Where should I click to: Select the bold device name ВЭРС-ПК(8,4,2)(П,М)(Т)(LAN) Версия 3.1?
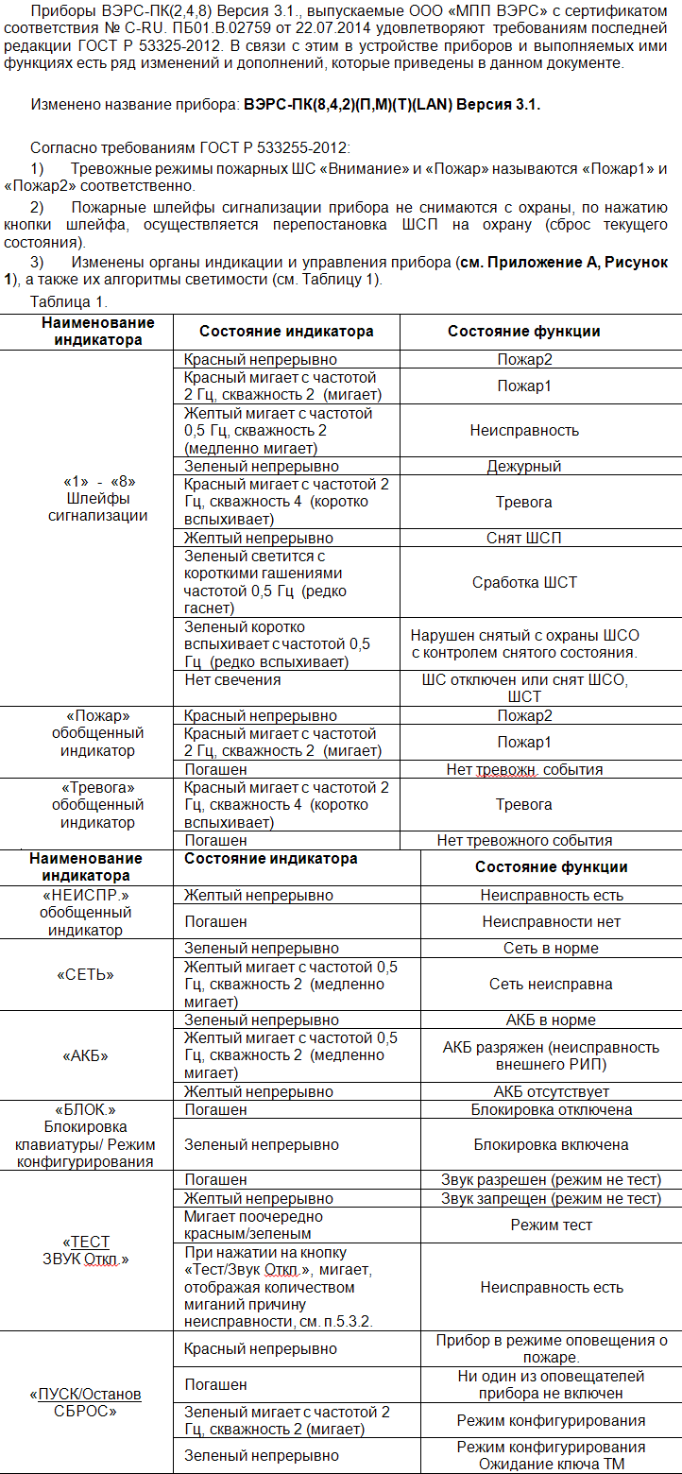pos(392,105)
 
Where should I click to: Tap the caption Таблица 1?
pos(69,302)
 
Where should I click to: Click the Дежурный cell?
pos(524,466)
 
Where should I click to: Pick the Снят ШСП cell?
pos(524,538)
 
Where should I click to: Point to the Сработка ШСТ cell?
pos(524,582)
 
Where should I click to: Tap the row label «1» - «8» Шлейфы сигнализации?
pos(98,498)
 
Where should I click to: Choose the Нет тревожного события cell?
pos(524,840)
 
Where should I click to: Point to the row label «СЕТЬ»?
pos(85,974)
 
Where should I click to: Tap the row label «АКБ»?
pos(85,1055)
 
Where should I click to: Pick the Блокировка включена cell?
pos(551,1144)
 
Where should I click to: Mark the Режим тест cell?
pos(551,1225)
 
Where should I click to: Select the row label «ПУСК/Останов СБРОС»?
pos(85,1402)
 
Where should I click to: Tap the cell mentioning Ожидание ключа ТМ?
pos(551,1455)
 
